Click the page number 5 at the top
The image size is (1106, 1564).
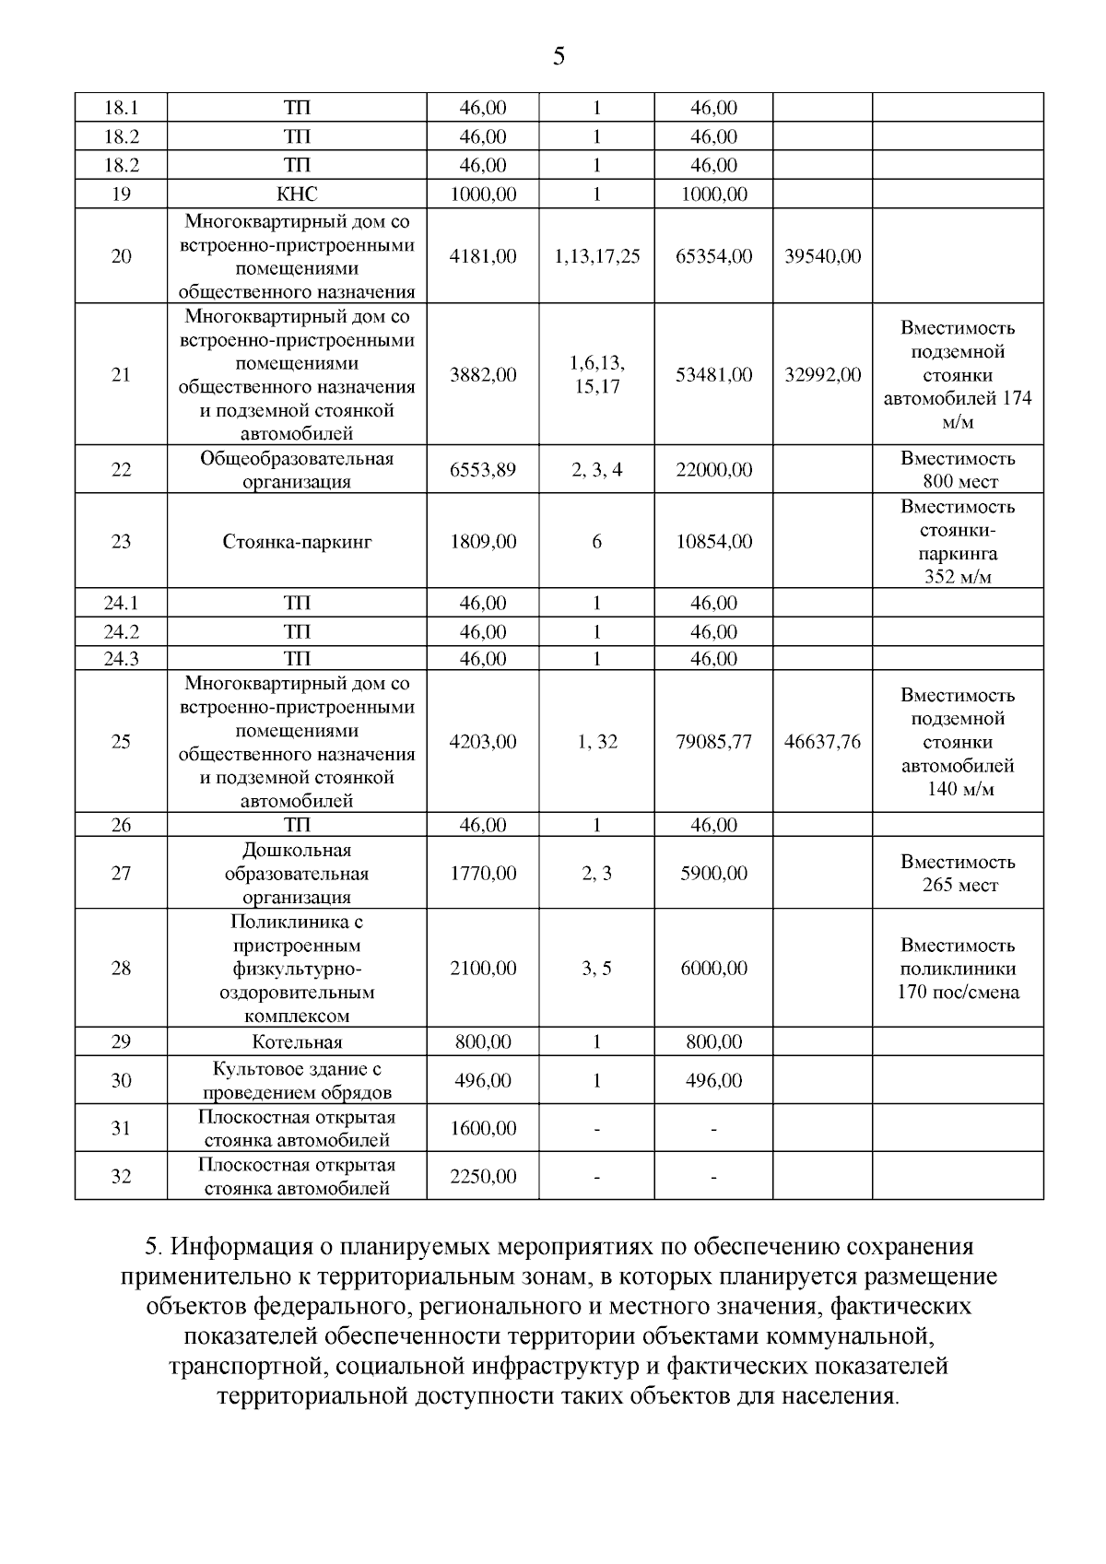point(559,57)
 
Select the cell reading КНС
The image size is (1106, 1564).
point(297,194)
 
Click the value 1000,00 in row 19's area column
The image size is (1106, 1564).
point(483,194)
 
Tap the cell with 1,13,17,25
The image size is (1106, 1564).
point(596,256)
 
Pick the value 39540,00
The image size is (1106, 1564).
point(822,256)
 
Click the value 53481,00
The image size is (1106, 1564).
point(713,375)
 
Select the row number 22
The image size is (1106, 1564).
point(121,470)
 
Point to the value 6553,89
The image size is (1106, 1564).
point(483,470)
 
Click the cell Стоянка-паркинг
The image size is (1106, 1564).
point(297,542)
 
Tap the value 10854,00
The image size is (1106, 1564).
point(713,542)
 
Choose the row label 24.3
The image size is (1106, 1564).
point(121,659)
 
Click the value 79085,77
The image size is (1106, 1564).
point(713,742)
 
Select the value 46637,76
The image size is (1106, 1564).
point(822,742)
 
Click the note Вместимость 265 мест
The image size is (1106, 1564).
point(958,874)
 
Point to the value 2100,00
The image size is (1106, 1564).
point(483,969)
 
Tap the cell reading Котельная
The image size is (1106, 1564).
point(297,1042)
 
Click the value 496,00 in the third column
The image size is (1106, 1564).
point(483,1081)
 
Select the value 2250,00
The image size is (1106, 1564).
point(483,1177)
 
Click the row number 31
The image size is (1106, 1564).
point(121,1129)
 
